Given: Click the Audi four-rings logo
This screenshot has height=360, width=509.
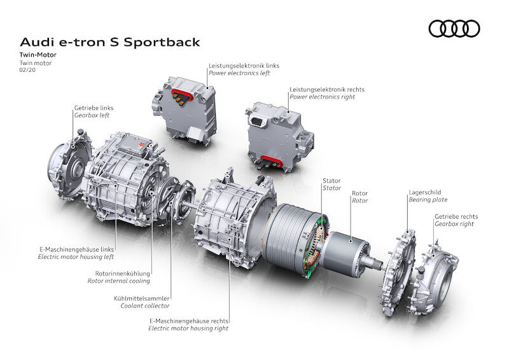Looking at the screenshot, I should pos(454,29).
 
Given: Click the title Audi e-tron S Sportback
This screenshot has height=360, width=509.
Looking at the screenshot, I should pos(109,42).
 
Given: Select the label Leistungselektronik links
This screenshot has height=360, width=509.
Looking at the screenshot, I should pos(244,65).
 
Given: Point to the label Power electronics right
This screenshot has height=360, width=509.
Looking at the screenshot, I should pos(322,97).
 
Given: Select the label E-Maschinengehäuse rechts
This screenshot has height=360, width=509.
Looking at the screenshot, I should pos(189,321).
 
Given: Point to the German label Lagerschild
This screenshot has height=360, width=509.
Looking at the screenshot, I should pos(424,191).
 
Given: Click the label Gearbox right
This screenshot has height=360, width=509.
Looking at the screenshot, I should pos(456,225).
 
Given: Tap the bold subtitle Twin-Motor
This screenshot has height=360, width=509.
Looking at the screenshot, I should pos(38,56).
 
